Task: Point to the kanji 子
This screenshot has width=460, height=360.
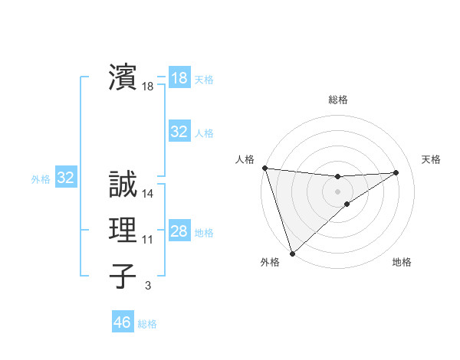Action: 122,276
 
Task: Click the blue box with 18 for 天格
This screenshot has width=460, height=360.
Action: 179,78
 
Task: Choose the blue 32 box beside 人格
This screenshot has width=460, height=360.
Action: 179,132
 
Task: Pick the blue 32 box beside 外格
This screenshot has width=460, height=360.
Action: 66,178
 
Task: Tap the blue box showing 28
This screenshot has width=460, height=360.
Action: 179,231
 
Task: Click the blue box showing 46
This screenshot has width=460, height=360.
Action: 123,322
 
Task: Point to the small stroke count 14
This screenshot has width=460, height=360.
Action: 148,194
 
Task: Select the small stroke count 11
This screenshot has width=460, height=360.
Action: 148,240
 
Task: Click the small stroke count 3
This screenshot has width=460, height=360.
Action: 148,286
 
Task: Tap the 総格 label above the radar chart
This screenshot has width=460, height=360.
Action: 338,100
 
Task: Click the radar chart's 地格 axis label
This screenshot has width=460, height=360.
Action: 402,262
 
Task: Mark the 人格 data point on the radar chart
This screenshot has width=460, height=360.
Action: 264,167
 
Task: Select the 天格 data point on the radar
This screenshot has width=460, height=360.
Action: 396,172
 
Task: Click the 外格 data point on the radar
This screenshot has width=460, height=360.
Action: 292,253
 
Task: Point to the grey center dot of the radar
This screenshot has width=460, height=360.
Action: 337,191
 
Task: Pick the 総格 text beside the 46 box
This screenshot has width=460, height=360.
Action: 147,324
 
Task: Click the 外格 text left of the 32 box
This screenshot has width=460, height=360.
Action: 41,179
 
